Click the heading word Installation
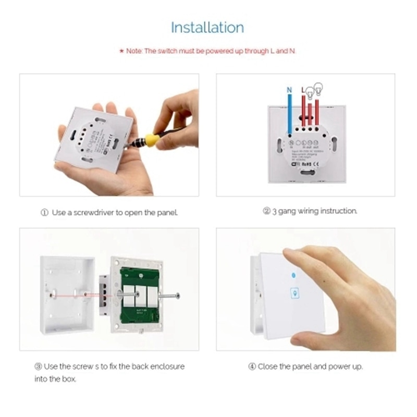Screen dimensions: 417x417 [x=207, y=27]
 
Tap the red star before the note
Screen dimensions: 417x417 [x=121, y=51]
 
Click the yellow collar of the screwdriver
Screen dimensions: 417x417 [x=152, y=139]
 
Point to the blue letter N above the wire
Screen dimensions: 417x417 [x=290, y=90]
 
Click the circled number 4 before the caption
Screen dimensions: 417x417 [x=252, y=366]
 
